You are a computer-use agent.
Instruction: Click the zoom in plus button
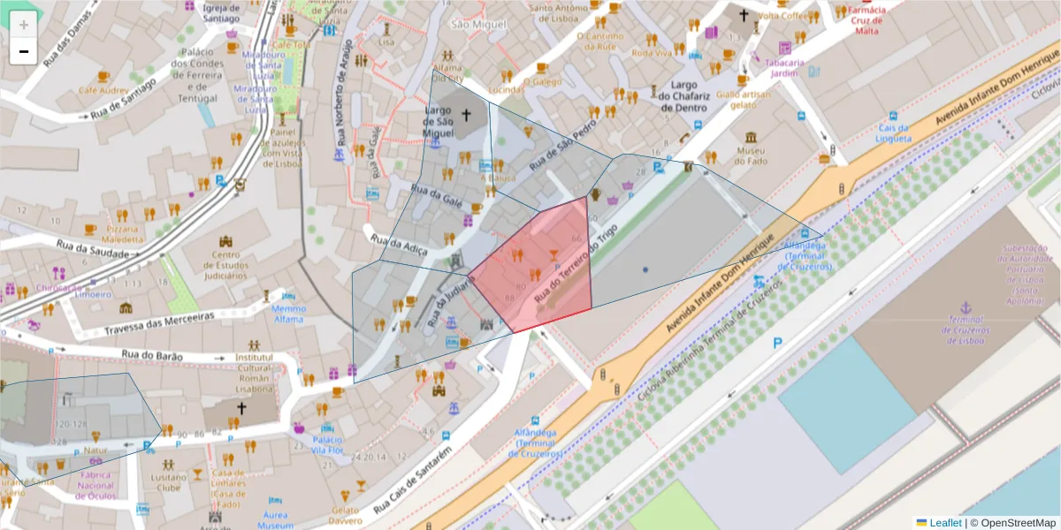click(23, 25)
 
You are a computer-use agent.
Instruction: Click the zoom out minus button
click(23, 51)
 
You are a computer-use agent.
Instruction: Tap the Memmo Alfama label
click(288, 314)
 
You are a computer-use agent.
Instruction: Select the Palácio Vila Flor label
click(328, 444)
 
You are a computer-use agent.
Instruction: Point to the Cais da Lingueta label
click(893, 133)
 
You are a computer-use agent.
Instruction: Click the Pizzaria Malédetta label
click(122, 233)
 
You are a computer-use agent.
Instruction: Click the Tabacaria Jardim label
click(783, 68)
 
